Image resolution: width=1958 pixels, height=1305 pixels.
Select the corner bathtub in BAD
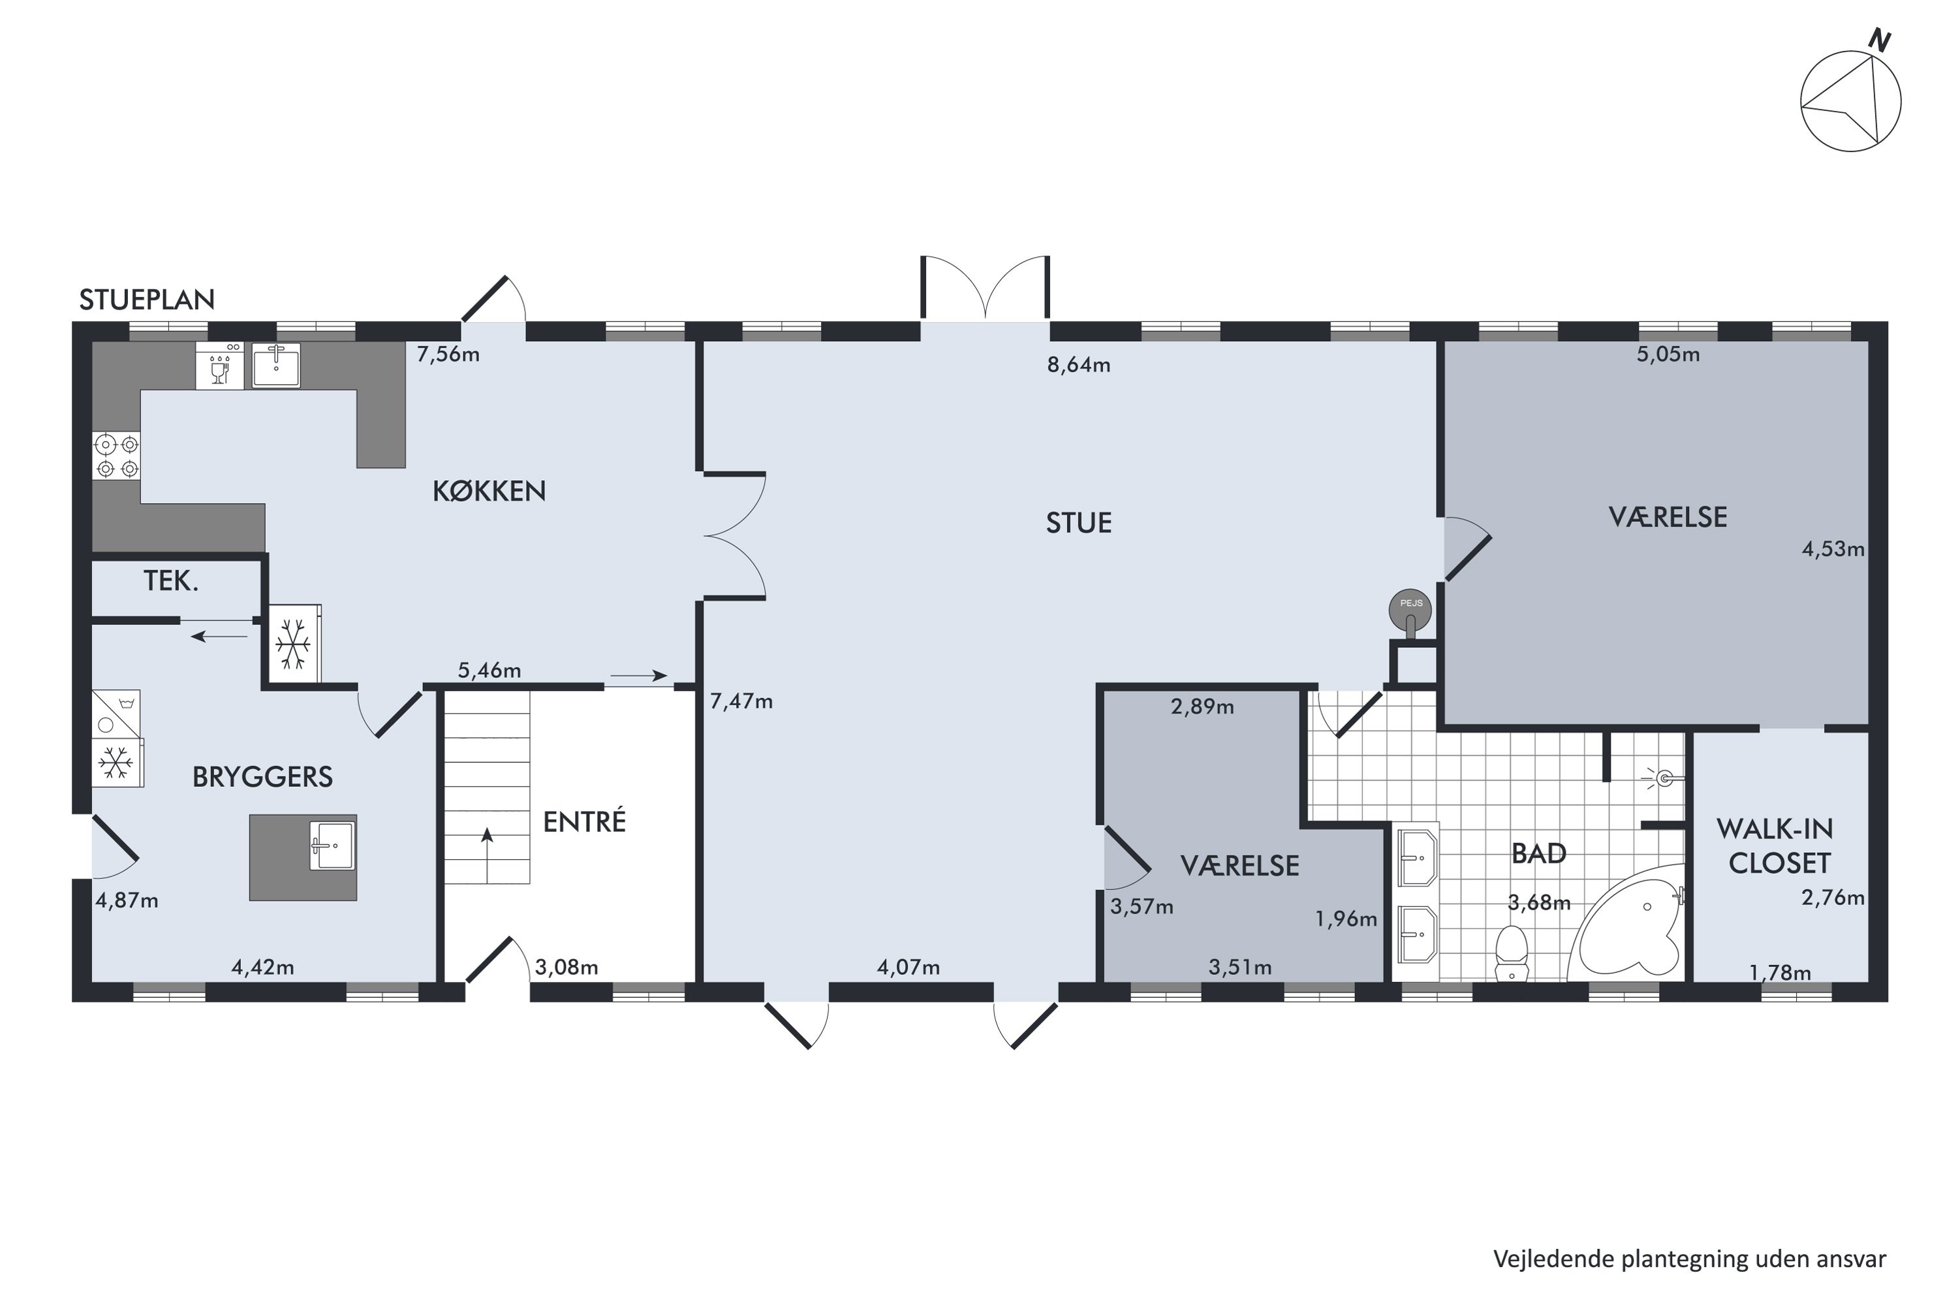coord(1628,924)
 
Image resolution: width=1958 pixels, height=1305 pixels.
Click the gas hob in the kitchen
coord(116,456)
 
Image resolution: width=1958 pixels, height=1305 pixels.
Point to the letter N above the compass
coord(1880,39)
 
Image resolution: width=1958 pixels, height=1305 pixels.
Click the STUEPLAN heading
coord(146,299)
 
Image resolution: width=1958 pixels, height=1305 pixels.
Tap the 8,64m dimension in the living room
coord(1078,365)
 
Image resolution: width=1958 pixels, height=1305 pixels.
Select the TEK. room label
coord(170,581)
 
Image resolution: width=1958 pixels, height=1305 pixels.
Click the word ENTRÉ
coord(583,821)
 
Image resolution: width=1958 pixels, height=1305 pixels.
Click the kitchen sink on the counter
coord(275,365)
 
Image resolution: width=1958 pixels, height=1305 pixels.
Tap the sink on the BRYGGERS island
coord(332,846)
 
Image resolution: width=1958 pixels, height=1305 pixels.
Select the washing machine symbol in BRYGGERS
coord(116,713)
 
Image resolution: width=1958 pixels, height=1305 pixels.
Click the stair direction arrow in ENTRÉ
coord(487,855)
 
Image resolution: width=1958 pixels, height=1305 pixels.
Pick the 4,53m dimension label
coord(1832,549)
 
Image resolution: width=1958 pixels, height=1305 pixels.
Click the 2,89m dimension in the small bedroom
coord(1202,707)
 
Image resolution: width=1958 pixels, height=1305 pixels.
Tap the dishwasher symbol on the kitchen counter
coord(220,365)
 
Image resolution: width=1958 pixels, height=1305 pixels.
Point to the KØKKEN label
coord(489,491)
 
